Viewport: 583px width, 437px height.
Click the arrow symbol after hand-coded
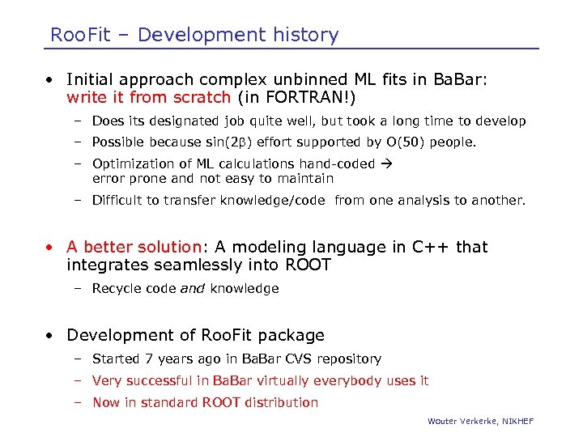(x=385, y=164)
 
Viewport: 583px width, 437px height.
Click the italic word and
(x=193, y=288)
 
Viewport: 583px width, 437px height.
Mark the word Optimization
(x=132, y=164)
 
